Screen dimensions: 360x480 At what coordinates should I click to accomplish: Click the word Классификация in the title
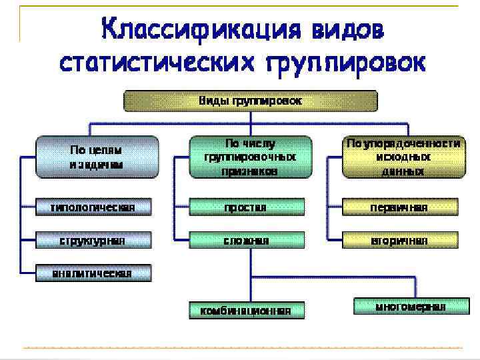pyautogui.click(x=193, y=31)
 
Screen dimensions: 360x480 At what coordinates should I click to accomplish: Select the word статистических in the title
pyautogui.click(x=158, y=63)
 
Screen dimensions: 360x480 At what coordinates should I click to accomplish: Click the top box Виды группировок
pyautogui.click(x=250, y=101)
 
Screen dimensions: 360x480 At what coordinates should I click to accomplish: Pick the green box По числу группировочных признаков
pyautogui.click(x=250, y=157)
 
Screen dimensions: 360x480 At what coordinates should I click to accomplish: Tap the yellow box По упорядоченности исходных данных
pyautogui.click(x=403, y=157)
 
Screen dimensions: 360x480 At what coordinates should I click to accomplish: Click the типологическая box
pyautogui.click(x=93, y=207)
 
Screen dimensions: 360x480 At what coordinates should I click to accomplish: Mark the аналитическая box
pyautogui.click(x=93, y=273)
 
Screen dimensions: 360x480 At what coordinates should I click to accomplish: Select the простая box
pyautogui.click(x=246, y=207)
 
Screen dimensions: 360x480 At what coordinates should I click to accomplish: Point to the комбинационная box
pyautogui.click(x=246, y=310)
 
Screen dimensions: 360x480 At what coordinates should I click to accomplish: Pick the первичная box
pyautogui.click(x=399, y=207)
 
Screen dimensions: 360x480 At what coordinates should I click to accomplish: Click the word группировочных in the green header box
pyautogui.click(x=250, y=157)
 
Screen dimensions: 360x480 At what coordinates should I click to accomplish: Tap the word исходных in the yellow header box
pyautogui.click(x=403, y=157)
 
